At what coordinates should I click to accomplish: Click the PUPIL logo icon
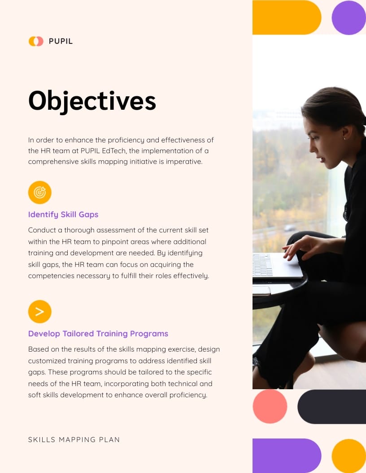36,41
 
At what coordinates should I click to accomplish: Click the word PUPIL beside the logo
61,41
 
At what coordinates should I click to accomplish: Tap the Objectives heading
92,101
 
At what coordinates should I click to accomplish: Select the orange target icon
40,193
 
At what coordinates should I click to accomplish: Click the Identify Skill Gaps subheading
63,215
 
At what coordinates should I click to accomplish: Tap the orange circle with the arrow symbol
40,312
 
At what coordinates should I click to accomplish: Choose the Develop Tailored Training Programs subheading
98,334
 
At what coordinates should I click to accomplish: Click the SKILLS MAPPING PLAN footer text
74,439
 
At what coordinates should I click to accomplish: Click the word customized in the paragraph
46,361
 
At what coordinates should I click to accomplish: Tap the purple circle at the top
349,17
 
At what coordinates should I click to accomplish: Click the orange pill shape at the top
287,17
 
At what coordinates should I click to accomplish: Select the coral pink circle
270,407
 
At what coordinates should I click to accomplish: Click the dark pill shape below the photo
331,407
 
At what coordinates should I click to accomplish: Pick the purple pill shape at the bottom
287,456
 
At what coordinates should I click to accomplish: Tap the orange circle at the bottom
349,456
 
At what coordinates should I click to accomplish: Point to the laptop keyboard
262,265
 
